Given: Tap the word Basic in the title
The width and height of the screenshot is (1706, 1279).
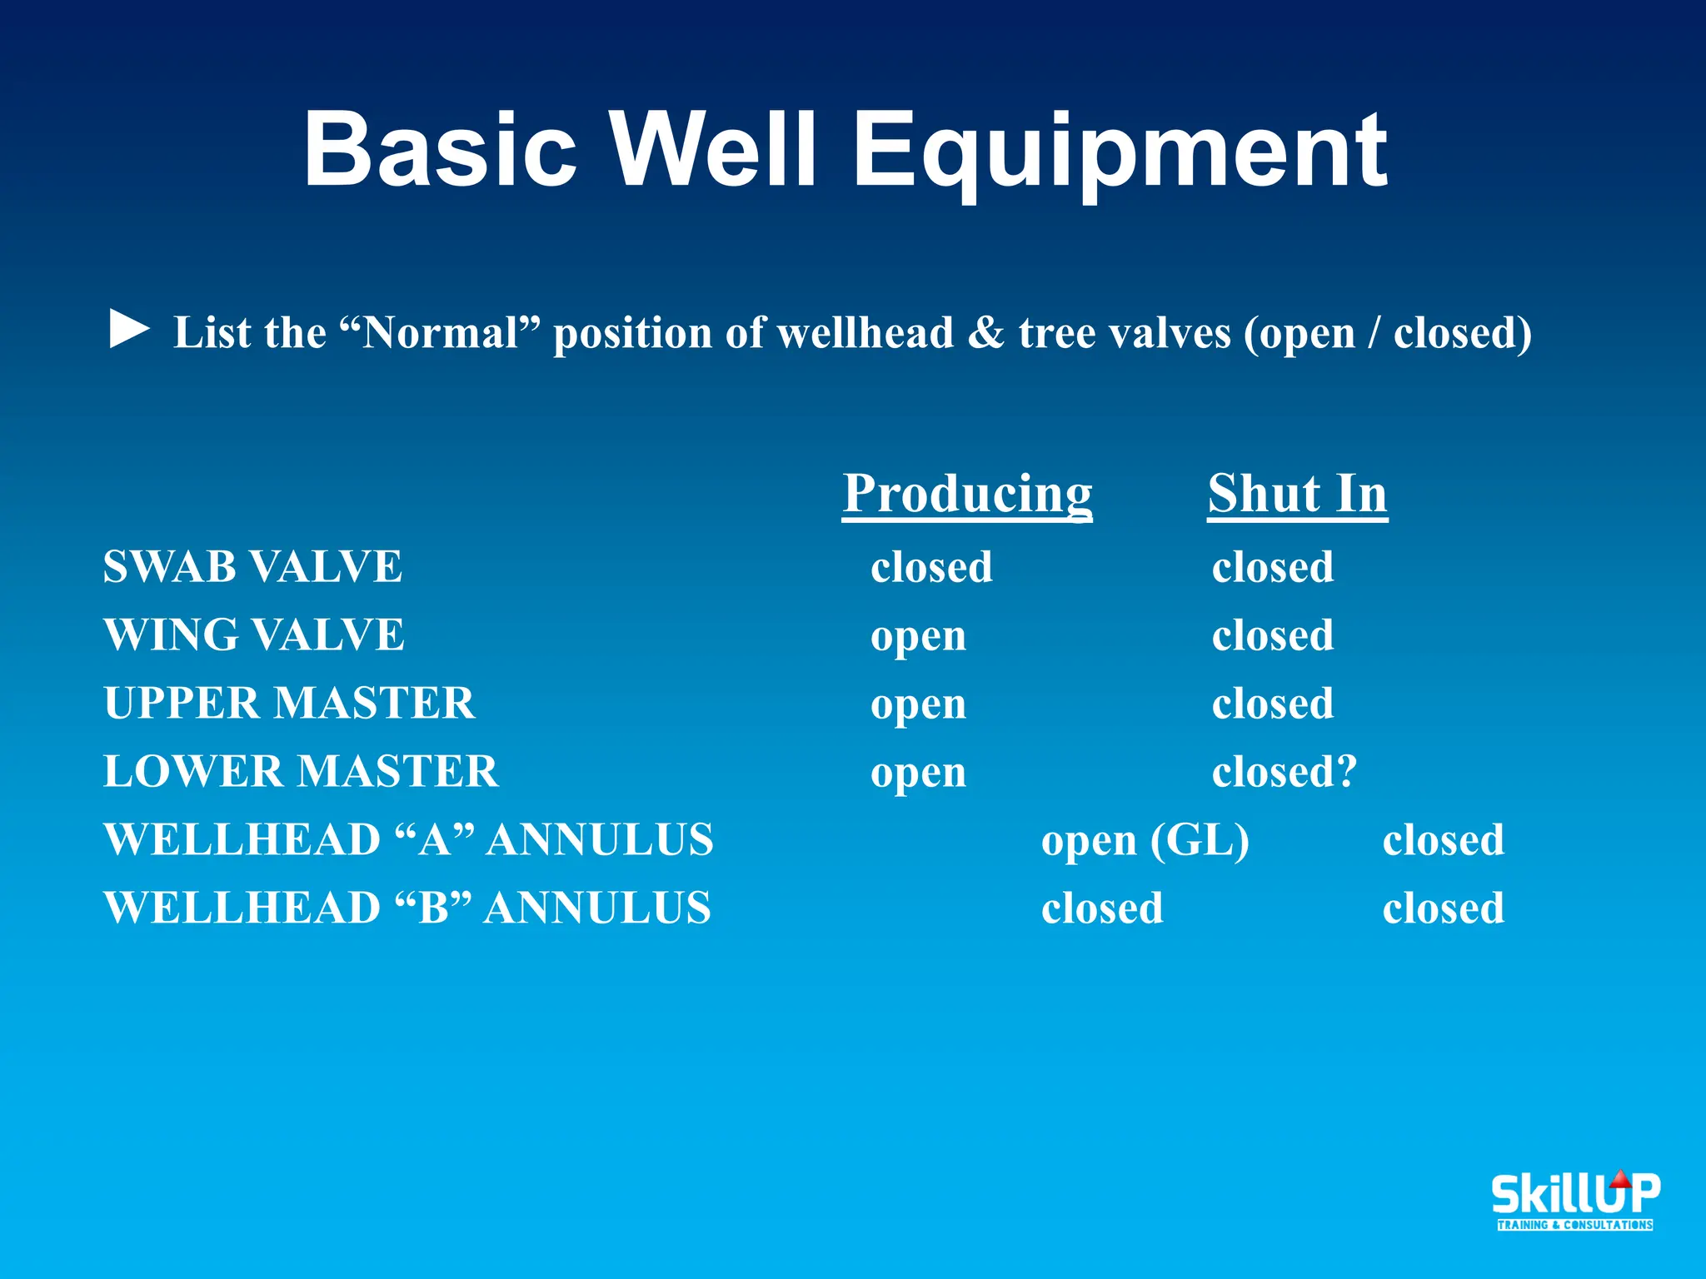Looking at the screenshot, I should point(440,151).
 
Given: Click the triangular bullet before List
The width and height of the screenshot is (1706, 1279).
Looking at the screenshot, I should point(129,330).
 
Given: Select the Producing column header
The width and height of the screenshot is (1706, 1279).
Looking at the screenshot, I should point(966,494).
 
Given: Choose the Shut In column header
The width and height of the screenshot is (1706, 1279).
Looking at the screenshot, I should point(1297,494).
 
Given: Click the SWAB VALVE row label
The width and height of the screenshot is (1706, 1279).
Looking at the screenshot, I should point(252,567).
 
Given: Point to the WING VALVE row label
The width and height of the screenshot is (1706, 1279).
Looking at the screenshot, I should point(254,635).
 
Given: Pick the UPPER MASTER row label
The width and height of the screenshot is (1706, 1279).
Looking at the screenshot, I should point(289,704).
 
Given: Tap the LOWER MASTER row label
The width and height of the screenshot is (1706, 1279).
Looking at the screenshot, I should point(301,772).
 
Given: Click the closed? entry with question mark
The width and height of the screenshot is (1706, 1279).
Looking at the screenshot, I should point(1284,772).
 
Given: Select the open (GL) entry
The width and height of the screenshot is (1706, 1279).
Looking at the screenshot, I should point(1145,841).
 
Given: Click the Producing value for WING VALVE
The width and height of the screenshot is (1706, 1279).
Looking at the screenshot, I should point(918,638).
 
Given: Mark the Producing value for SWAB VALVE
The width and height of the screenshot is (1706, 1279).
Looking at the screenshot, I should point(931,567).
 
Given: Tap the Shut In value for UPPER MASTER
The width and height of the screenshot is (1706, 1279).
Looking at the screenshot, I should point(1272,704).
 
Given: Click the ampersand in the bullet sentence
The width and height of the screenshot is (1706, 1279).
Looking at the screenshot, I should point(986,333).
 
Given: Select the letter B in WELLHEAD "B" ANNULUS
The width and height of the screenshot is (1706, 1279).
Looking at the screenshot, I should point(433,908).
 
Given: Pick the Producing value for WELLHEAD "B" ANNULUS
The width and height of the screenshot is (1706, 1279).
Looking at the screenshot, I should point(1101,908).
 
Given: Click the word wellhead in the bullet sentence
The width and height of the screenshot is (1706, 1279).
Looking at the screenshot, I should point(865,333).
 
